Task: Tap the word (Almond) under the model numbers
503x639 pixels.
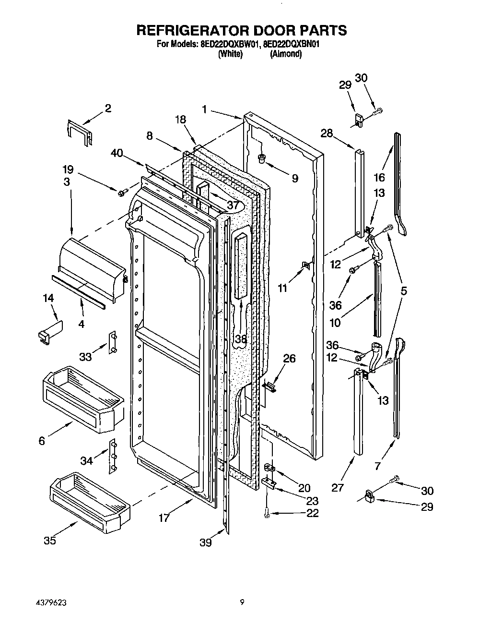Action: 286,54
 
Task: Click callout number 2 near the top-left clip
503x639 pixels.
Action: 108,109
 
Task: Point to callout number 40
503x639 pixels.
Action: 117,154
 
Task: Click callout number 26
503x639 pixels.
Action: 289,359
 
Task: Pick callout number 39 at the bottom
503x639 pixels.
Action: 206,542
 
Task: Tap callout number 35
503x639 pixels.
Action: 50,540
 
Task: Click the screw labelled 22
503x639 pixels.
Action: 267,514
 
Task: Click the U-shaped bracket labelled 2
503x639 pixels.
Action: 78,132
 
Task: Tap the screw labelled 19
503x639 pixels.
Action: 122,192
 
